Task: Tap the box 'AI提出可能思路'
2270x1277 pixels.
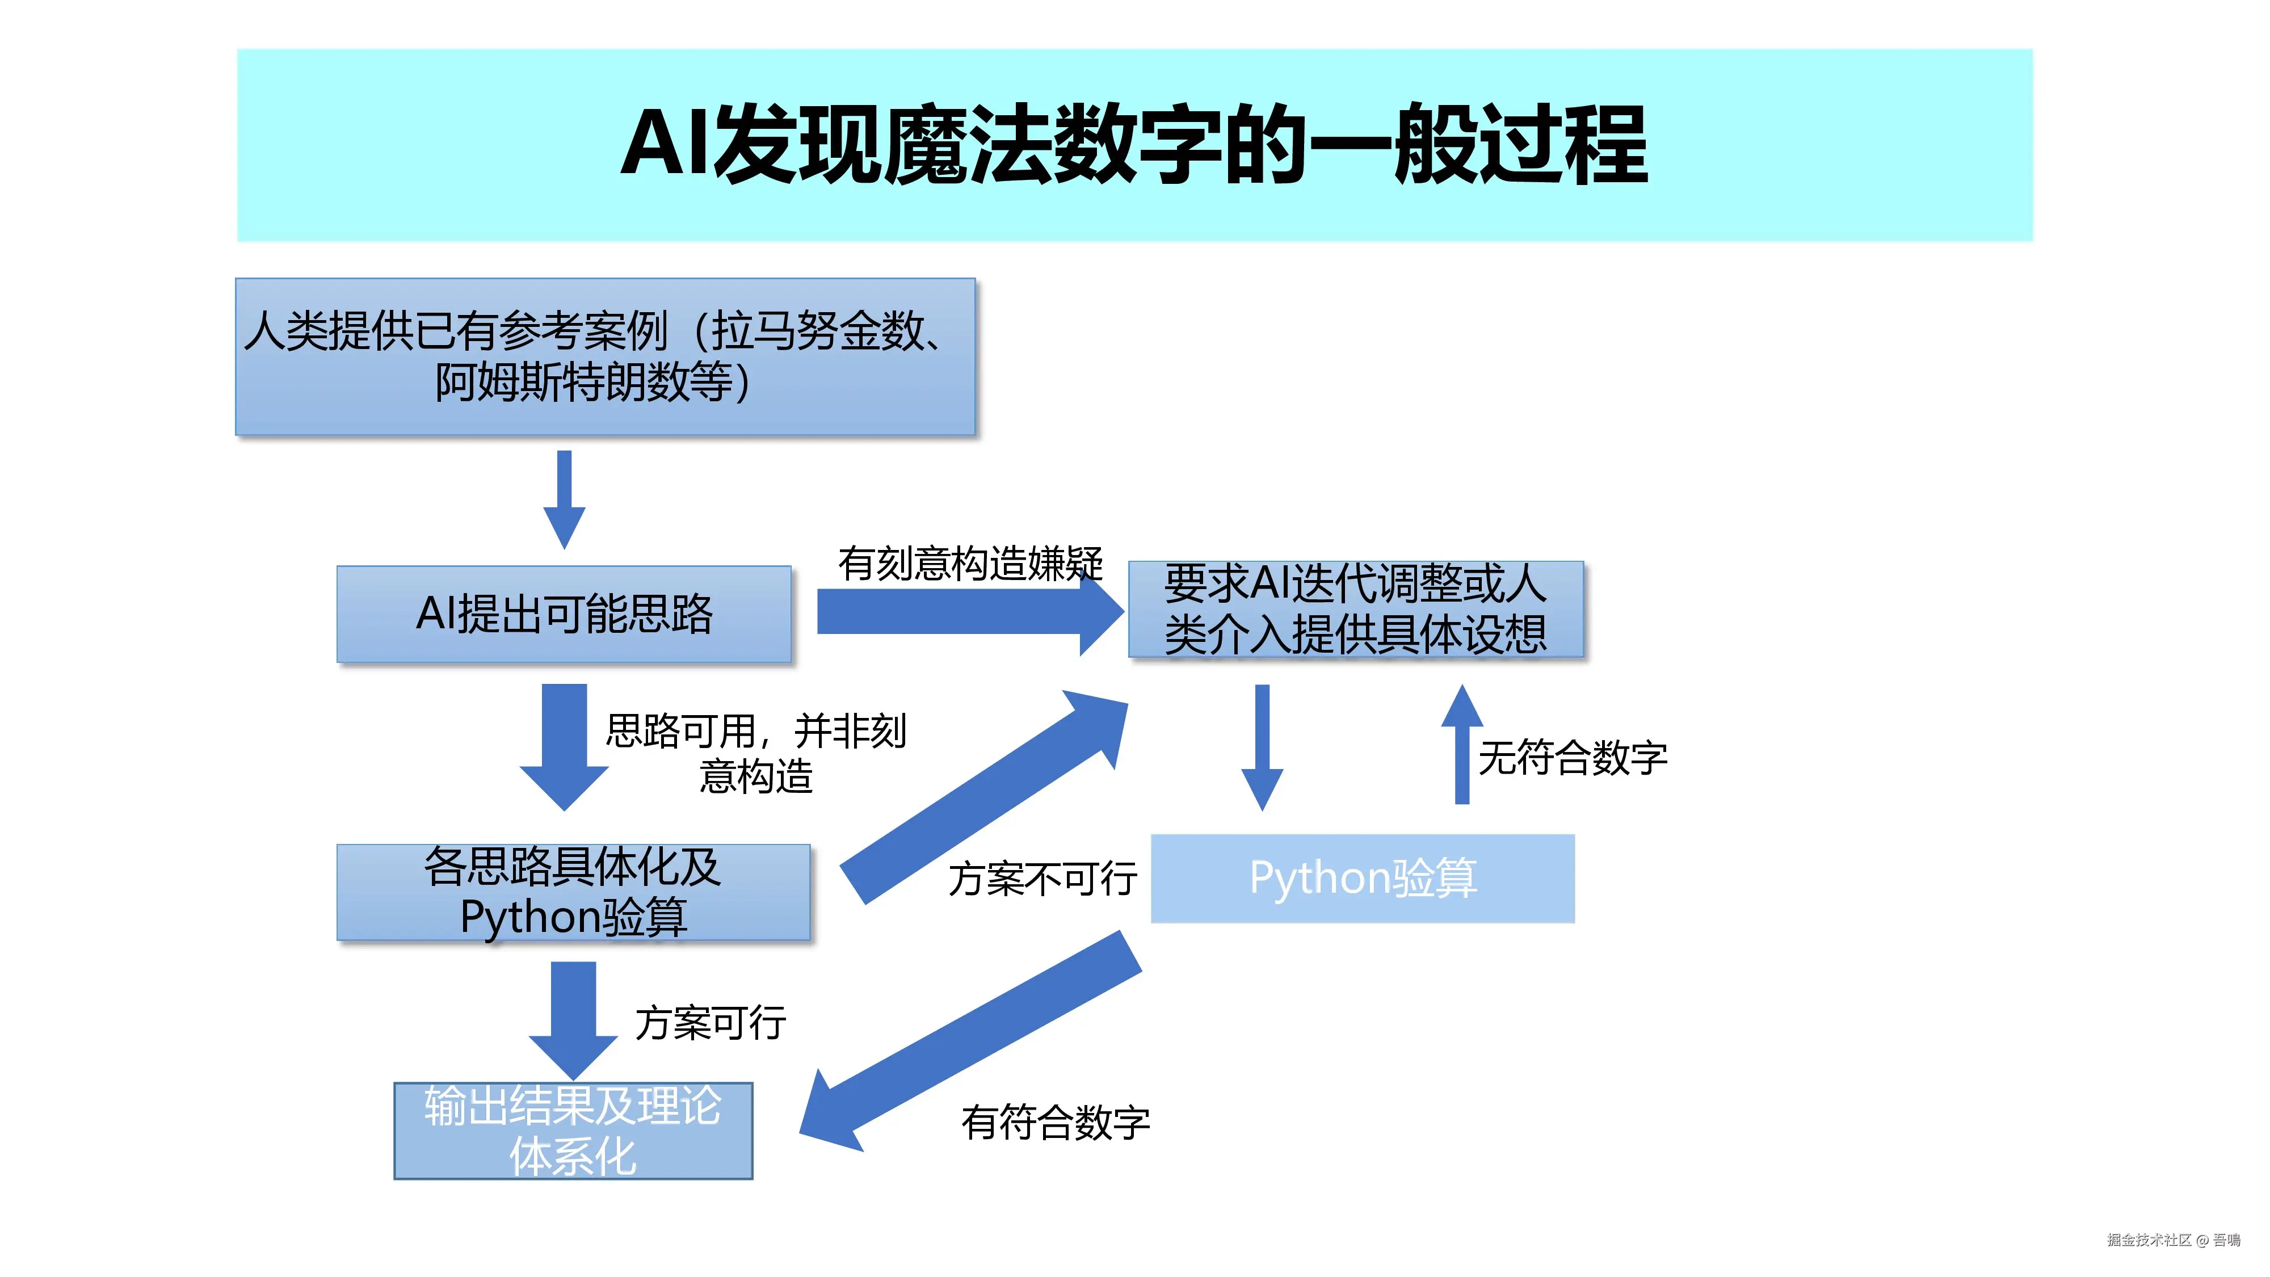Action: pos(564,614)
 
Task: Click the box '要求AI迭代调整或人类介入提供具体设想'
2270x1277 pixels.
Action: pos(1355,609)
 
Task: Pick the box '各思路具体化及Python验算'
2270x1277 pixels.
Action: pos(573,892)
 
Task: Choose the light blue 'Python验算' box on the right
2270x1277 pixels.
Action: pos(1363,879)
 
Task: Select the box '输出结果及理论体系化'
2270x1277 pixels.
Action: pos(573,1131)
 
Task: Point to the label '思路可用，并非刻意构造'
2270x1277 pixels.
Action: pos(756,754)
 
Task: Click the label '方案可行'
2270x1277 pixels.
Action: pos(711,1023)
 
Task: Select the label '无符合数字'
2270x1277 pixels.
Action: pos(1573,758)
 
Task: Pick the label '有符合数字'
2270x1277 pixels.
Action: pos(1056,1123)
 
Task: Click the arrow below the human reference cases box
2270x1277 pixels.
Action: pos(564,498)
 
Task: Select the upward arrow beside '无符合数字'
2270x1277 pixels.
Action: pos(1462,745)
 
